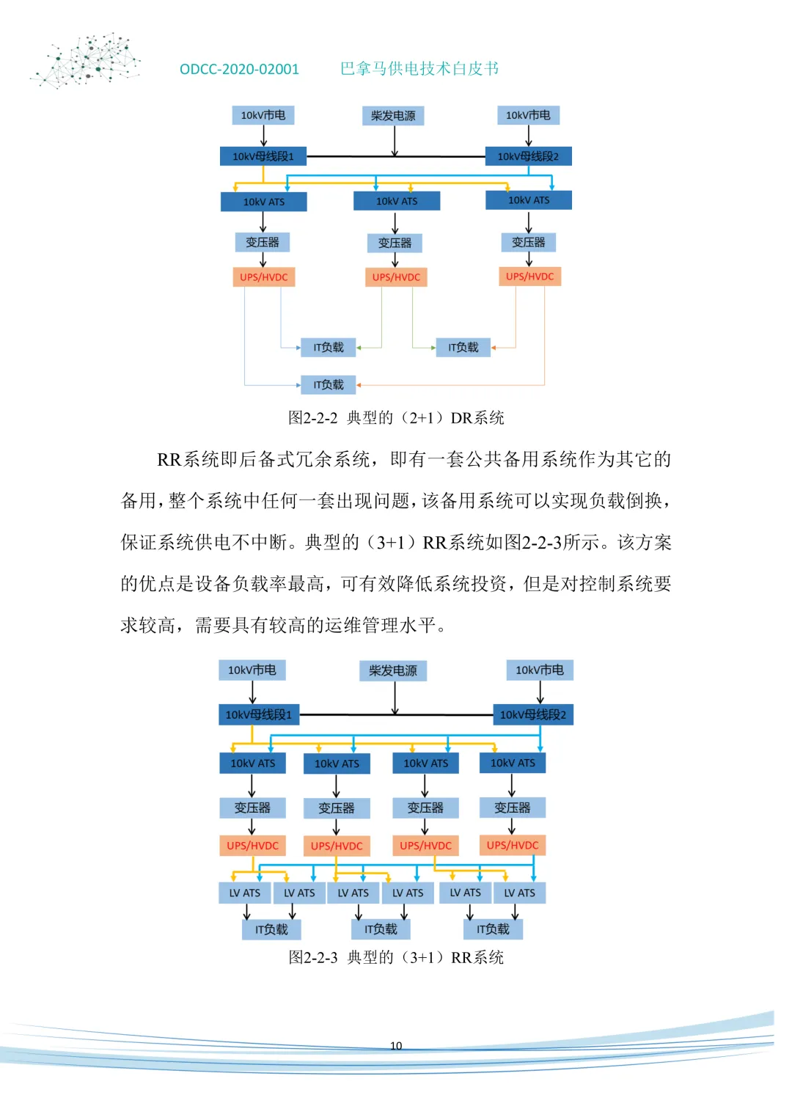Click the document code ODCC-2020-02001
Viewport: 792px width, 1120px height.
pos(239,70)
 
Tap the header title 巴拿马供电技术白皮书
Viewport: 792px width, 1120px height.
pos(419,69)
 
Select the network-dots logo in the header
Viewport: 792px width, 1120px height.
pos(87,60)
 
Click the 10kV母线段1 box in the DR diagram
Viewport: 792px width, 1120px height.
pos(263,156)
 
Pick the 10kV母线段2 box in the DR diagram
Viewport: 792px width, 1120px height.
pos(528,156)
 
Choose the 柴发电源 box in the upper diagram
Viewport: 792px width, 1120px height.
pos(393,116)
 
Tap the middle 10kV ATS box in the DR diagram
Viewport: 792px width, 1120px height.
pos(397,201)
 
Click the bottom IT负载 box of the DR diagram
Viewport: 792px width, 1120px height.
pos(328,384)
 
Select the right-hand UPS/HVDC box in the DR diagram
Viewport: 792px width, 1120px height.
pos(529,277)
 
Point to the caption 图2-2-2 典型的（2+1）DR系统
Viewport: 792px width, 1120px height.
pos(396,418)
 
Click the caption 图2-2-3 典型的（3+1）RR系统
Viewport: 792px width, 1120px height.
pos(396,957)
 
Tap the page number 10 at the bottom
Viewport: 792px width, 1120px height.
pos(396,1046)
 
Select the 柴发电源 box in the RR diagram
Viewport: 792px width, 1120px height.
pos(393,670)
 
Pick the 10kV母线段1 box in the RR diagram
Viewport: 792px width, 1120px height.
pos(258,714)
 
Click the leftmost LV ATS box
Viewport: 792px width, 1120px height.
pos(245,893)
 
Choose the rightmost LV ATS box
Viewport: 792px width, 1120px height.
pos(519,893)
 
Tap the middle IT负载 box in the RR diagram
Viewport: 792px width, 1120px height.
pos(381,929)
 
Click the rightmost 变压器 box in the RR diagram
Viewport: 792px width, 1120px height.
pos(512,808)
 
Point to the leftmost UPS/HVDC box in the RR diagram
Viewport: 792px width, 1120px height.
pos(252,846)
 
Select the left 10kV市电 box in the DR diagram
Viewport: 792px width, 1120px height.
pos(263,115)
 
